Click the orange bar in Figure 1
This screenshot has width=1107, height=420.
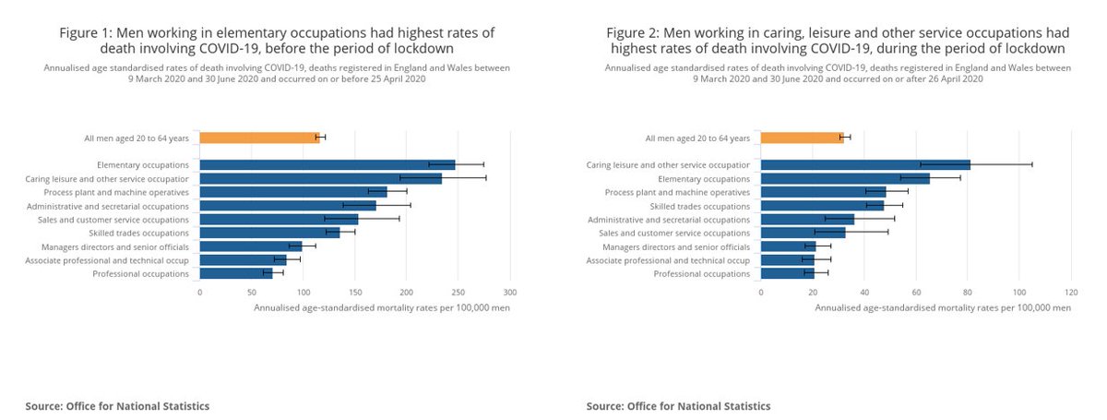tap(259, 138)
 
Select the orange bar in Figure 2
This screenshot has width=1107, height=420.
tap(802, 138)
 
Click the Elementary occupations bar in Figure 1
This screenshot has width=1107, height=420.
tap(327, 164)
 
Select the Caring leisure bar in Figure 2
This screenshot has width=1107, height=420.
tap(865, 164)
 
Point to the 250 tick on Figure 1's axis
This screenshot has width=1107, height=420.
tap(458, 292)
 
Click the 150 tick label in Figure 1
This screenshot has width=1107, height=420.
tap(355, 292)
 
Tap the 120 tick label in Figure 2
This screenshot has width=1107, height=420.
tap(1070, 292)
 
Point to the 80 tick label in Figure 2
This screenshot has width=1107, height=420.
tap(967, 292)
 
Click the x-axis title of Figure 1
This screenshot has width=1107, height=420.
tap(381, 307)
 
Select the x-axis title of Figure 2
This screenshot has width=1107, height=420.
tap(943, 307)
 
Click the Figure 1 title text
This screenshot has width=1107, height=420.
tap(277, 40)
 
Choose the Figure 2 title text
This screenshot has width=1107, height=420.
tap(838, 40)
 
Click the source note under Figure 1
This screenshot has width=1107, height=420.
tap(117, 406)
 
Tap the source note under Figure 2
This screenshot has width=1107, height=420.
tap(678, 406)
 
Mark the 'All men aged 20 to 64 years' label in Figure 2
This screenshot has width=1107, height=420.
tap(697, 138)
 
